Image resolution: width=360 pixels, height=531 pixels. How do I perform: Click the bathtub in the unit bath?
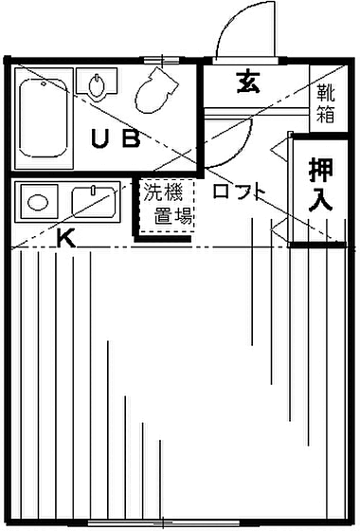pyautogui.click(x=44, y=117)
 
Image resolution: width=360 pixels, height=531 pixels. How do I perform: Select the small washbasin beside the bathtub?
pyautogui.click(x=97, y=87)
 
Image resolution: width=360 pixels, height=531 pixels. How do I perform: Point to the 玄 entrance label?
pyautogui.click(x=248, y=83)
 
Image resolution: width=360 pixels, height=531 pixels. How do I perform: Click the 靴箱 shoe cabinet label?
pyautogui.click(x=324, y=104)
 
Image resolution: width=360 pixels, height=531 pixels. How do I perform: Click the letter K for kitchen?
pyautogui.click(x=65, y=239)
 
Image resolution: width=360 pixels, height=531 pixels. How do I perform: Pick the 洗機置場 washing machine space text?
pyautogui.click(x=169, y=203)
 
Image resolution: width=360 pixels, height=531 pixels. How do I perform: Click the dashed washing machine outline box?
pyautogui.click(x=169, y=205)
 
